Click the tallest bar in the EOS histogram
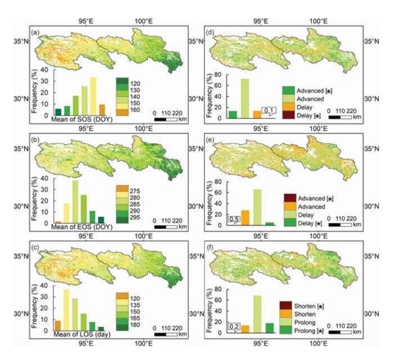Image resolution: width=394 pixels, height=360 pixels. pos(75,201)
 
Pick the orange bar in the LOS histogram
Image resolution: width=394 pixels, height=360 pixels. pos(57,325)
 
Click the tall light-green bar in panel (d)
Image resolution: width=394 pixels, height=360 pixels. pos(245,98)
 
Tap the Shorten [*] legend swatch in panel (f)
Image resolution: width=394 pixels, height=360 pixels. pos(286,305)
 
